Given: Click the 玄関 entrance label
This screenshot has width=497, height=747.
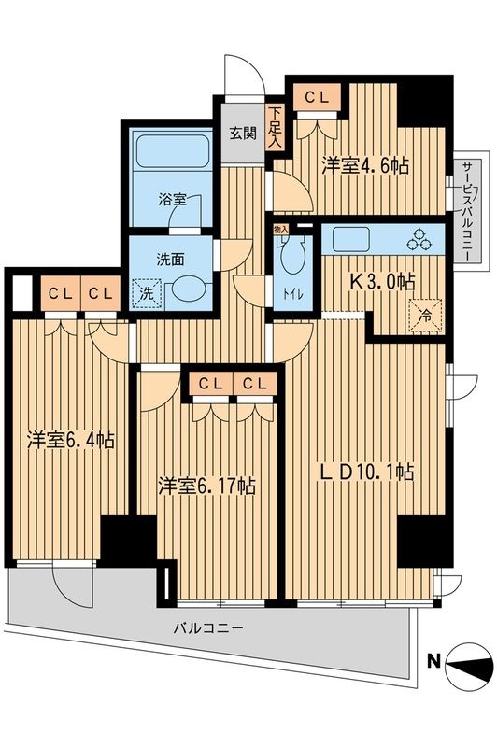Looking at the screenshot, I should (x=243, y=133).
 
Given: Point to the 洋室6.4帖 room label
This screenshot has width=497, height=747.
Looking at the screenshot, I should (x=71, y=441).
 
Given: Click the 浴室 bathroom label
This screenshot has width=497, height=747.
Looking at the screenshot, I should (x=171, y=199).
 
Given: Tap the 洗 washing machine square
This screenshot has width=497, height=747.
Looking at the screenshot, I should (x=146, y=291).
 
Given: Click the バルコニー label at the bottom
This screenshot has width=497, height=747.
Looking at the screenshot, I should (x=208, y=628).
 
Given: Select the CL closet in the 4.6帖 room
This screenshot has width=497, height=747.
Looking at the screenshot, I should (x=315, y=94).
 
